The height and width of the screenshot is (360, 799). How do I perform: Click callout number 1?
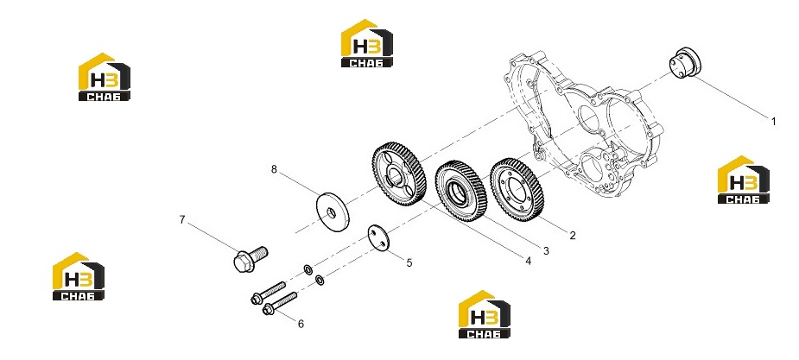[774, 122]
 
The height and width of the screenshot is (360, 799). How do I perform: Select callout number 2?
[572, 235]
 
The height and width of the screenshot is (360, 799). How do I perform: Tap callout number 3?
[546, 250]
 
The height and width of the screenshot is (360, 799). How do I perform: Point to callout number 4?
[529, 261]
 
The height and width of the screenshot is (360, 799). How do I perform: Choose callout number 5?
[409, 262]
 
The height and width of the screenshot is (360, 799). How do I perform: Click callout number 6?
[301, 324]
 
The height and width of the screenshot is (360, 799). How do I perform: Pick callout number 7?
[182, 219]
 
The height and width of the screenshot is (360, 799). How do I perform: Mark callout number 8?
[274, 169]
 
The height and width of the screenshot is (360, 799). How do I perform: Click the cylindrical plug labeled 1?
[684, 63]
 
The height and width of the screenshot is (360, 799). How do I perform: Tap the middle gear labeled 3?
[460, 190]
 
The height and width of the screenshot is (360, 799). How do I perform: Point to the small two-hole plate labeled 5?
[378, 237]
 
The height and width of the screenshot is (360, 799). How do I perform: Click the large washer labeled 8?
[333, 212]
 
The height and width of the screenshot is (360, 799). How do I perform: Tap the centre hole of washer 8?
[331, 212]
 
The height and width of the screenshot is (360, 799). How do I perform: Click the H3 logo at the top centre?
[367, 43]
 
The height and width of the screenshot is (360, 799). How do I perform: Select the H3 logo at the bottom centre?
[484, 314]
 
